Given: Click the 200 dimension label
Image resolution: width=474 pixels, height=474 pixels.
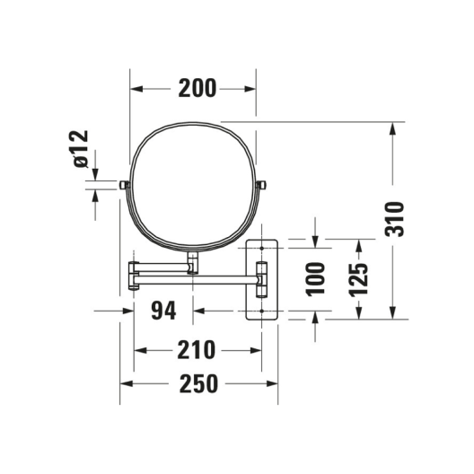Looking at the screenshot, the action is [197, 88].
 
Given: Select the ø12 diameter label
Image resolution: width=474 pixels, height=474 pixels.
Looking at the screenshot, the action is [82, 149].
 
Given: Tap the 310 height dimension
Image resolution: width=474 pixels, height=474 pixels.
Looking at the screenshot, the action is [394, 219].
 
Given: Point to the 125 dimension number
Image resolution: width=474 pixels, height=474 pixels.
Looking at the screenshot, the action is [358, 279].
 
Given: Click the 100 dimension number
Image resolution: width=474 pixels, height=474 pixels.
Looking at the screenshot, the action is [315, 279].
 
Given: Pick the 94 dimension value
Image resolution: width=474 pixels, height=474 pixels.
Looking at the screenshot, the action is [163, 311].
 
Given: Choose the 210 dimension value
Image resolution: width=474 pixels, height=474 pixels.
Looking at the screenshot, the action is [197, 350].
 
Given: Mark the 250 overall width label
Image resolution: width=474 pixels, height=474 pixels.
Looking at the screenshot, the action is [198, 383].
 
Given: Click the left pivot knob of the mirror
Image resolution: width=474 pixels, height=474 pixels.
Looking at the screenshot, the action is [124, 185].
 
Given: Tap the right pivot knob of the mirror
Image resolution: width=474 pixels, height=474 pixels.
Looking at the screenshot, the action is [261, 185].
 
